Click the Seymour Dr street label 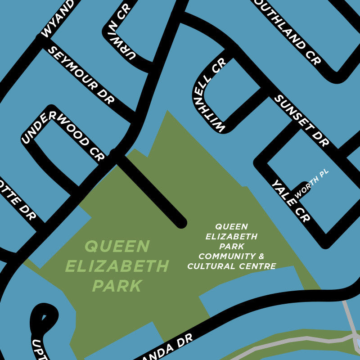coord(81,75)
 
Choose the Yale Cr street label coord(291,201)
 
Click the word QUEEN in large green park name coord(117,246)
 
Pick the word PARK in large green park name coord(117,286)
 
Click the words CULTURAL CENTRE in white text coord(232,266)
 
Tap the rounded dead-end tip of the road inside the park coord(180,222)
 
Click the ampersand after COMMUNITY coord(262,256)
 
